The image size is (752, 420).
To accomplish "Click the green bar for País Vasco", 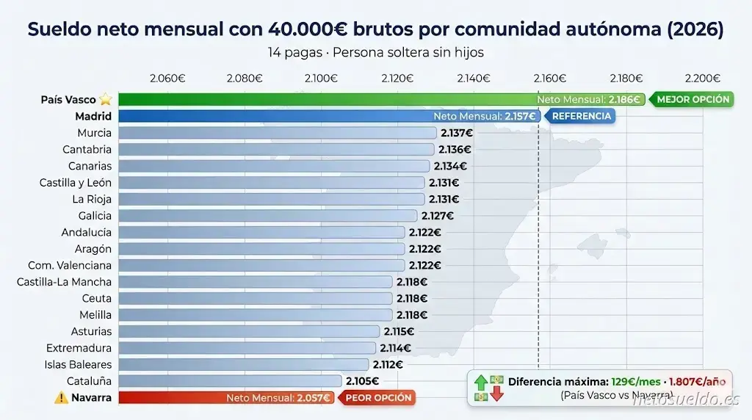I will point(323,99).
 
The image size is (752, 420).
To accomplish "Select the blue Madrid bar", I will point(272,116).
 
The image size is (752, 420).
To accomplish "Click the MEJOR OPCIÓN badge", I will point(692,99).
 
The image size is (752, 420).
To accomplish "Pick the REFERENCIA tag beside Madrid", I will point(581,116).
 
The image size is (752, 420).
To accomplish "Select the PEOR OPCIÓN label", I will point(378,398).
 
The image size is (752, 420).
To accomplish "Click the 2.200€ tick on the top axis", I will point(701,79).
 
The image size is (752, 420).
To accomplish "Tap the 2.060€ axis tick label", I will point(167,79).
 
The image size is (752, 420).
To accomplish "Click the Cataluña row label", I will point(89,381).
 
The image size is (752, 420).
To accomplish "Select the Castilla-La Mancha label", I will point(64,282).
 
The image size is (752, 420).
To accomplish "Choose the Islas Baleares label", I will point(78,365).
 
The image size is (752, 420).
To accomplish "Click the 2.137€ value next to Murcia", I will point(456,133).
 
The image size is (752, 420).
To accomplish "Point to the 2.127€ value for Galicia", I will point(437,216).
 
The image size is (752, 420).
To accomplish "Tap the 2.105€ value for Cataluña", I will point(362,381).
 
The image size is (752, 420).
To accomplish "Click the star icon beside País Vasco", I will point(106,99).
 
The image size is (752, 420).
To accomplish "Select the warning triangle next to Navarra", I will point(60,398).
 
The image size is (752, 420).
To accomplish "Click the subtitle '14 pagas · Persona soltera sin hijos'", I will point(375,53).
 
